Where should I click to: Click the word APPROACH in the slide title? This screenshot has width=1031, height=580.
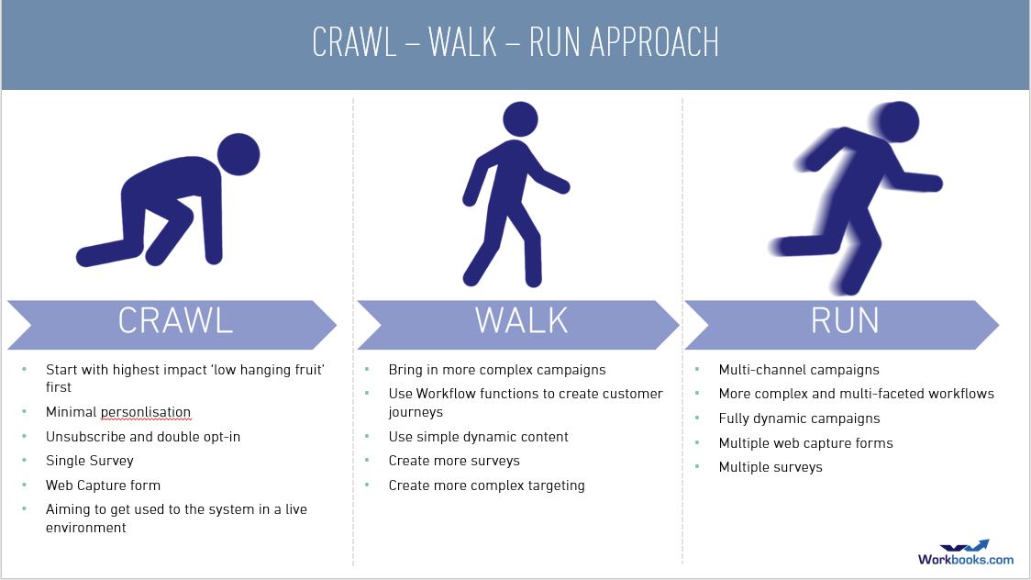654,43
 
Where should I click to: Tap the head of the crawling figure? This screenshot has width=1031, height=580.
238,154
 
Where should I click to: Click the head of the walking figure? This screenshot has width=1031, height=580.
520,119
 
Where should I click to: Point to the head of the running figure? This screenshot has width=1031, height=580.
897,122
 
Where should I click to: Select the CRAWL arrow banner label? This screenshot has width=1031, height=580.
175,321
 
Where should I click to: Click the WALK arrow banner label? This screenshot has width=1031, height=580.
521,321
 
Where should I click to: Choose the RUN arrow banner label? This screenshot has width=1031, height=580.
845,321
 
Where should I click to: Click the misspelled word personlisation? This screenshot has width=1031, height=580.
145,412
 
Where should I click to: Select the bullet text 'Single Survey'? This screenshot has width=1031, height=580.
89,461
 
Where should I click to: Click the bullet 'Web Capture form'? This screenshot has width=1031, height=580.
104,485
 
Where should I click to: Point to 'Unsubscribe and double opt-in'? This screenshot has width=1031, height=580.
143,437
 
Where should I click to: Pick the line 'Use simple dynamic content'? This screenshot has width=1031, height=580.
479,437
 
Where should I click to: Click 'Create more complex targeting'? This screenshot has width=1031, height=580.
486,485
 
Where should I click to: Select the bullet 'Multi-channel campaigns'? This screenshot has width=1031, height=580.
799,370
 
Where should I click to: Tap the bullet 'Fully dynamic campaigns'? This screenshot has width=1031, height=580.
799,418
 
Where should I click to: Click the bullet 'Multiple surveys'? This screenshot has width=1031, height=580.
770,467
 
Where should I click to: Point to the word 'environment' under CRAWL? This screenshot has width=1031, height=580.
85,528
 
